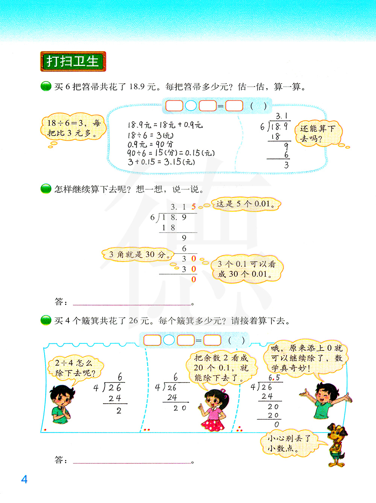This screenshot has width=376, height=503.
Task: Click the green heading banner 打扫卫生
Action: point(73,61)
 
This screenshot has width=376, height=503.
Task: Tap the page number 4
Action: point(24,479)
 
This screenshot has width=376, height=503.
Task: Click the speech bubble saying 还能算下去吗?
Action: point(317,134)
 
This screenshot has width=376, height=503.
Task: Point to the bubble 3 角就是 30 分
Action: point(138,255)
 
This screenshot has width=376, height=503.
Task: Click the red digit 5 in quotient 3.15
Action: point(194,207)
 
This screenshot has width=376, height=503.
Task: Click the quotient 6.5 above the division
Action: point(274,378)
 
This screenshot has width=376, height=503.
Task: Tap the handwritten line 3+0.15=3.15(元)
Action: point(161,162)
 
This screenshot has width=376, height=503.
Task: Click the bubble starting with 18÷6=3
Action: point(73,127)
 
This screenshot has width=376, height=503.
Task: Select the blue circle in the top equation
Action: point(191,106)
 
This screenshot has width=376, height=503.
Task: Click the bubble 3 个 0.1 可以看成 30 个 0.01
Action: point(246,269)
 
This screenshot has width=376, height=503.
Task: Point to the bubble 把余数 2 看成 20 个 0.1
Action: point(221,367)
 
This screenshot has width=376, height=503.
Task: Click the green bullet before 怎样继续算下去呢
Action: point(46,189)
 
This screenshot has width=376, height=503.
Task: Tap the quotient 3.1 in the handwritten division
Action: point(281,116)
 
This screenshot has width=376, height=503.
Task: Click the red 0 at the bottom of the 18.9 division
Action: point(194,279)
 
